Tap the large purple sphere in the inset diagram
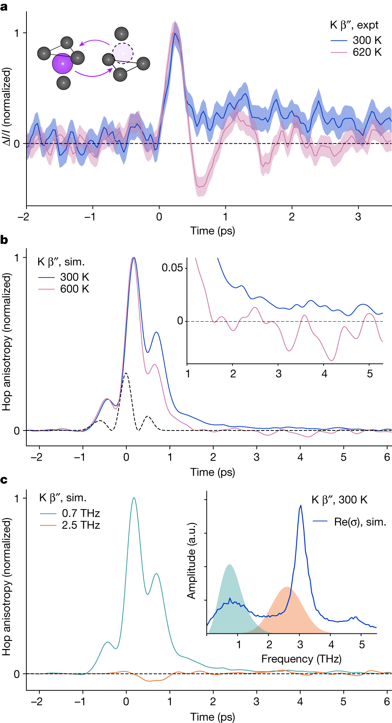(x=62, y=63)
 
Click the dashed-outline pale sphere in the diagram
(x=123, y=53)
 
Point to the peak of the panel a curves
(x=175, y=33)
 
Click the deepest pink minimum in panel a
(x=200, y=186)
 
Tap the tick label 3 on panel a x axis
(x=358, y=217)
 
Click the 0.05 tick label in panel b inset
(x=172, y=268)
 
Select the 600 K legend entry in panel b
(x=74, y=289)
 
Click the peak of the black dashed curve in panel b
(x=126, y=373)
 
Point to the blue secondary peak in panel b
(x=156, y=332)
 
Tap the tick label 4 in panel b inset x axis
(x=324, y=374)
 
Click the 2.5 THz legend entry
(x=81, y=525)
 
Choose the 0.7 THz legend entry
(x=81, y=513)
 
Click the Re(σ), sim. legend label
(x=360, y=522)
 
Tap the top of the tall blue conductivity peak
(x=301, y=505)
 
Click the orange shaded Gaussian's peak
(x=287, y=587)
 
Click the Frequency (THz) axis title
(x=301, y=659)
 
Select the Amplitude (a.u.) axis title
(x=192, y=561)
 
